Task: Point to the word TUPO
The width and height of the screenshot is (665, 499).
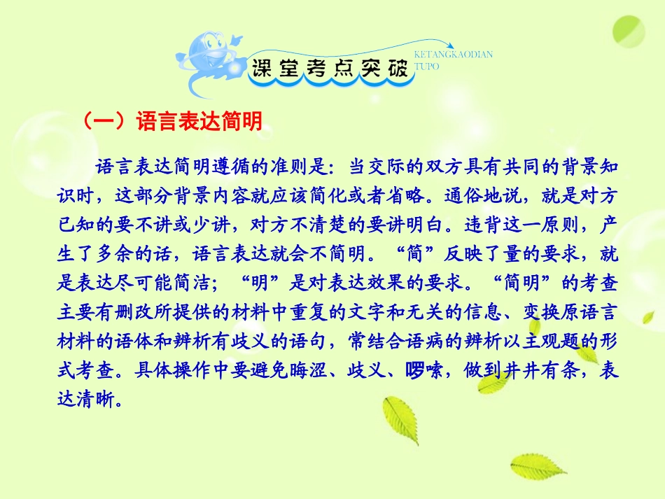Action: tap(427, 66)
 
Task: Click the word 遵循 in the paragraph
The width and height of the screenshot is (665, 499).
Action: tap(242, 167)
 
